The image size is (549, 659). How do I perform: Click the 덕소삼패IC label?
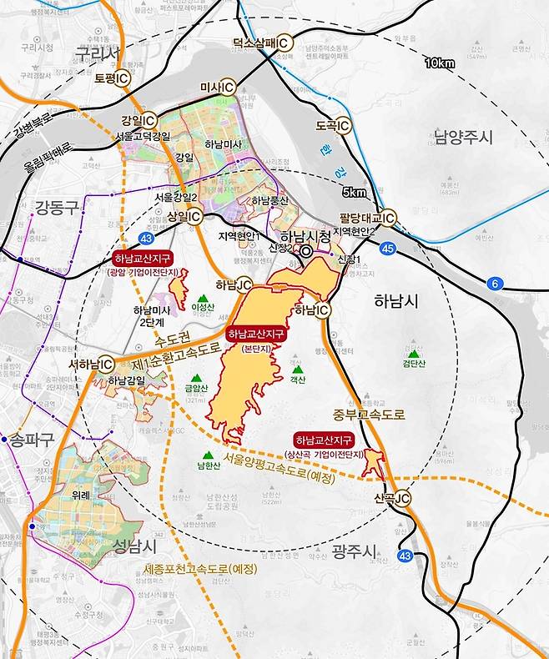[263, 43]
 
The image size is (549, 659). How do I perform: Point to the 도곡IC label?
[332, 126]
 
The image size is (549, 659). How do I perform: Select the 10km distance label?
[440, 63]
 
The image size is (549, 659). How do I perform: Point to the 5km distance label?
[354, 193]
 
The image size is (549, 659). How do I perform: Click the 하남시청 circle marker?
[306, 250]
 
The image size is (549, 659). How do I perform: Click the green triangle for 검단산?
[410, 342]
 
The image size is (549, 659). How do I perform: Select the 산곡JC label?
[392, 498]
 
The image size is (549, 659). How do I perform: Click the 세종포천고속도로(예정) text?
[199, 568]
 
